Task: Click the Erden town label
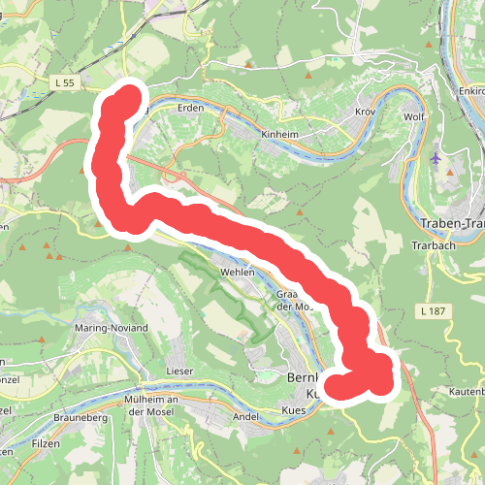pos(191,108)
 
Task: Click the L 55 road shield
pos(66,84)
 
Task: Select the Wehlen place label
pos(238,273)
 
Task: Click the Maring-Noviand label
pos(112,328)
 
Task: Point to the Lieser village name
pos(181,372)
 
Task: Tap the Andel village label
pos(246,416)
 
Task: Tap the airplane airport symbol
pos(434,156)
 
